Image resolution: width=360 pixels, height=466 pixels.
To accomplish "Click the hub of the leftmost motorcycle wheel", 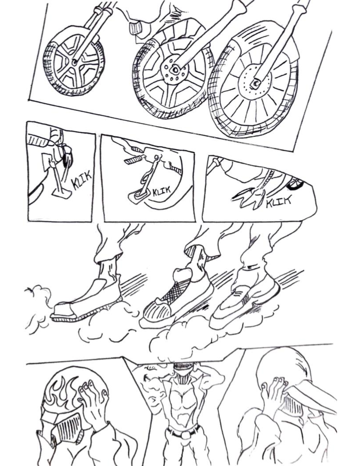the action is point(74,63).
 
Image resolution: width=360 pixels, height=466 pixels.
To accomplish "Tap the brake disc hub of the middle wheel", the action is point(175,70).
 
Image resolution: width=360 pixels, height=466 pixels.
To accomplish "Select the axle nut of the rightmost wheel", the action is point(255,83).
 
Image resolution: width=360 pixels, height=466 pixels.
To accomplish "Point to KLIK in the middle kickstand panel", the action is point(161,192).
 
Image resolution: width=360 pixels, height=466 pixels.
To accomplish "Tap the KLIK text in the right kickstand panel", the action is point(278,202).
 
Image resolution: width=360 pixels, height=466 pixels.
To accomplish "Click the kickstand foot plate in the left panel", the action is point(62,194).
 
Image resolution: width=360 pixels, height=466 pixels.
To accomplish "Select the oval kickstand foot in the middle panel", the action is point(138,196).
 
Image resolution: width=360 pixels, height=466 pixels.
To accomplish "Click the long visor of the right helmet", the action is point(309,396).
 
